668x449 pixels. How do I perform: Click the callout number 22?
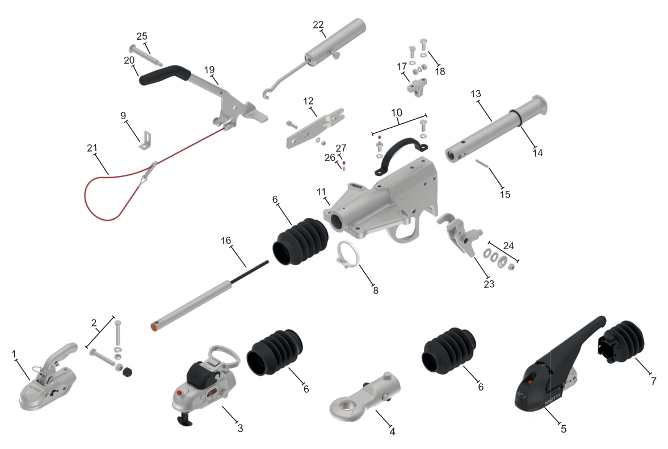click(318, 25)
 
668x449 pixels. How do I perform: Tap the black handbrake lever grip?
click(165, 74)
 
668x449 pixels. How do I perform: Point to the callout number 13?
click(476, 94)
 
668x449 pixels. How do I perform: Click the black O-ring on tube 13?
click(515, 119)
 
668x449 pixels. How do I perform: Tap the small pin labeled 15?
click(481, 163)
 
